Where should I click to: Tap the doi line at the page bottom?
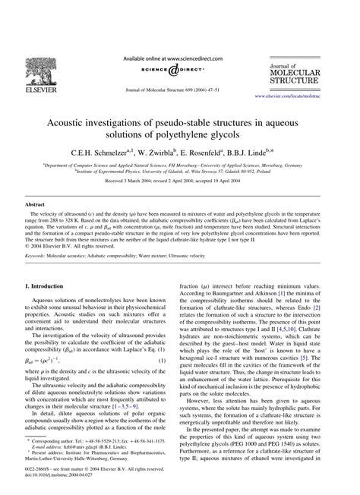coord(53,485)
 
